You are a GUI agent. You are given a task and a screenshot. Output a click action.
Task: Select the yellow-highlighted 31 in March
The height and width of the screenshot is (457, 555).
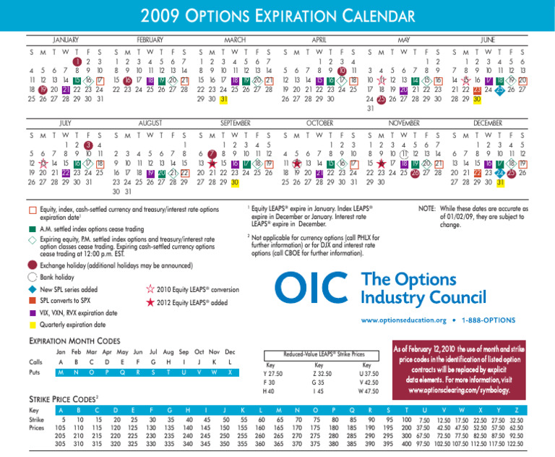click(224, 99)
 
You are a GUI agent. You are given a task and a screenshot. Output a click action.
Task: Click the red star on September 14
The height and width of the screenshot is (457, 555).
click(212, 164)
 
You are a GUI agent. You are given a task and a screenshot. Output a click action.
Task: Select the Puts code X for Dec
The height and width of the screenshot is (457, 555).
click(230, 372)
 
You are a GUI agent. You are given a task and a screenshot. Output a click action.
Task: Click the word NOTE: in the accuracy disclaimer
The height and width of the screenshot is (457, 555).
click(431, 208)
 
